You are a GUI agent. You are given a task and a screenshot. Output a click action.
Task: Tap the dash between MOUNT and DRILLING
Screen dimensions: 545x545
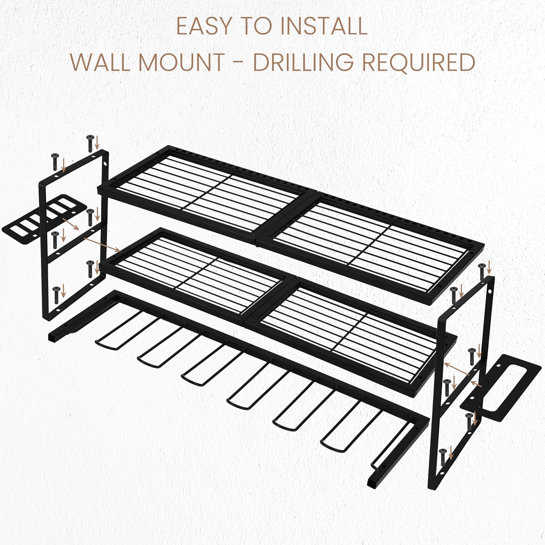238,63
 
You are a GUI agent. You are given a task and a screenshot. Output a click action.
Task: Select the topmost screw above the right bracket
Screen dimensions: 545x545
483,271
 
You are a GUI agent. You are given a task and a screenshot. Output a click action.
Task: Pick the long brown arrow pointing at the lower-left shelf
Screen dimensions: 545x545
102,245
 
